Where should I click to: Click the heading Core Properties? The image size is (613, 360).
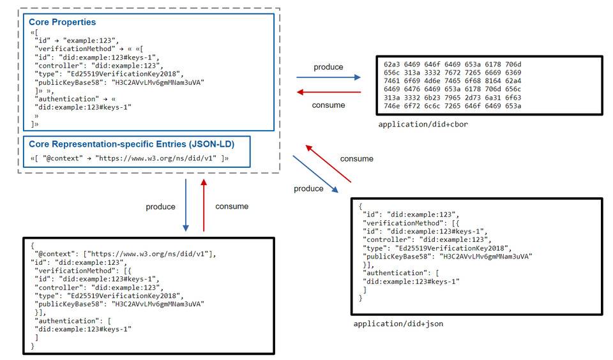[x=63, y=22]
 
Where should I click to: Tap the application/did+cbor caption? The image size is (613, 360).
[x=423, y=124]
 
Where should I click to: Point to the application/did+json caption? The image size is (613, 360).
[x=398, y=324]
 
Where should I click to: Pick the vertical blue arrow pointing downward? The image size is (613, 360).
[x=186, y=205]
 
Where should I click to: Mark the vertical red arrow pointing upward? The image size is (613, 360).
[x=204, y=205]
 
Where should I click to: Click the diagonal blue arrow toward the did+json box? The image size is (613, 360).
[x=315, y=173]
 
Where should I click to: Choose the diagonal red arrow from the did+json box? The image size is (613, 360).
[x=328, y=163]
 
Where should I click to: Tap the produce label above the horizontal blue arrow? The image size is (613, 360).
[x=328, y=67]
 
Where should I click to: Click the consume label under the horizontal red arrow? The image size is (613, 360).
[x=328, y=105]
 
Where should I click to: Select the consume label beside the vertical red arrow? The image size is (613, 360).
[x=232, y=206]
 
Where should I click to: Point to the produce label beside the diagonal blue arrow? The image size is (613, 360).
[x=308, y=188]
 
